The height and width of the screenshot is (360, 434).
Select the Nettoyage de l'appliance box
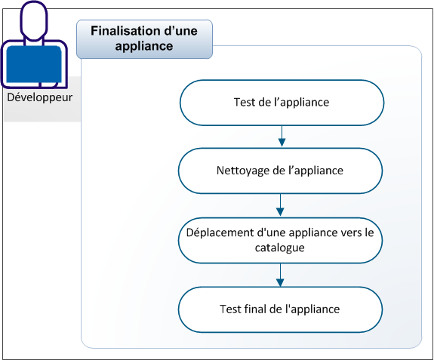coord(280,171)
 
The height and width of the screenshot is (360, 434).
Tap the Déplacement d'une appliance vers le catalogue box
coord(280,240)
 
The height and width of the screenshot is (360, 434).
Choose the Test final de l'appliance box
coord(280,309)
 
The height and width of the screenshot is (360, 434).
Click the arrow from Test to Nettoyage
coord(281,136)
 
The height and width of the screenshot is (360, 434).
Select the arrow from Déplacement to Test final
coord(281,275)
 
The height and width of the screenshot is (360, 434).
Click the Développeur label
coord(40,98)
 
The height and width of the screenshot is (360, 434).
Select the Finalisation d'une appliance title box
coord(144,38)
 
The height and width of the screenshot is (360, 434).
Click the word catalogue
coord(280,247)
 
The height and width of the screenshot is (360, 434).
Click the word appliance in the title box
coord(144,46)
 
